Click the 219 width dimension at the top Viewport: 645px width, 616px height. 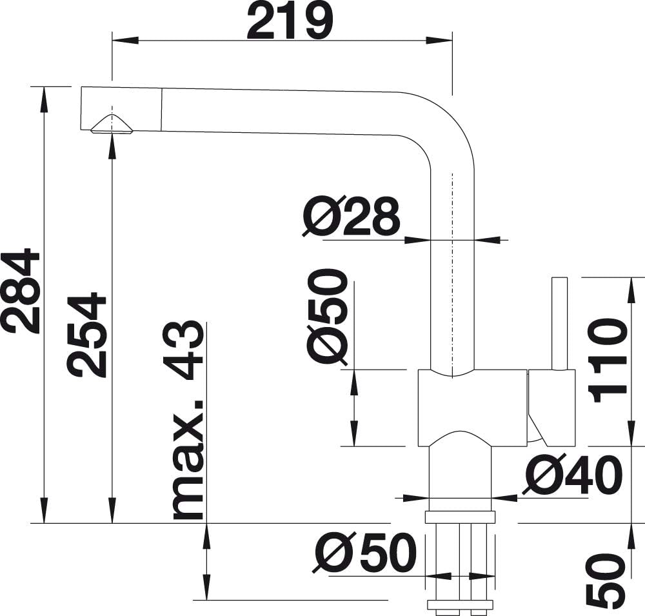point(289,21)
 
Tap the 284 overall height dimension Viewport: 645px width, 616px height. point(21,290)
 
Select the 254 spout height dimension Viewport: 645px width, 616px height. point(88,335)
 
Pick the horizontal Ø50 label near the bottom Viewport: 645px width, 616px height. point(364,553)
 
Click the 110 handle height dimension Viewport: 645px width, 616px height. point(608,361)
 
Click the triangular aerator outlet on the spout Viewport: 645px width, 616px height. point(111,124)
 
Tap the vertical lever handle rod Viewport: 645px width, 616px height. point(559,324)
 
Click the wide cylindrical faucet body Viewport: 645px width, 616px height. point(472,408)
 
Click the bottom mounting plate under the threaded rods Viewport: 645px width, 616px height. point(461,604)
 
